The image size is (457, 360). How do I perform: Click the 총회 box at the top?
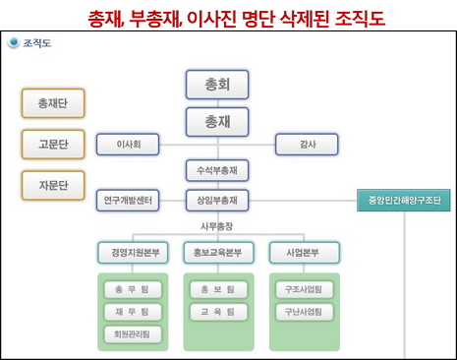point(217,85)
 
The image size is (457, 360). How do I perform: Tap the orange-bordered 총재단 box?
point(53,102)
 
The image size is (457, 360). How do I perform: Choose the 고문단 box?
point(53,143)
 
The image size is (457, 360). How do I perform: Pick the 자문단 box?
point(53,183)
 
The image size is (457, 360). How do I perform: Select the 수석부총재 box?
point(217,170)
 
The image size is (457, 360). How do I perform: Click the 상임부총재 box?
point(217,200)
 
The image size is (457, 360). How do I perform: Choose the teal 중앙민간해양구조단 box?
point(403,201)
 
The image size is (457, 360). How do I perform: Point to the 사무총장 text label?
point(217,226)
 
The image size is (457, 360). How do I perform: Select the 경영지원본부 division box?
point(132,252)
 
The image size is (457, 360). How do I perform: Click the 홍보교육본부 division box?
point(218,252)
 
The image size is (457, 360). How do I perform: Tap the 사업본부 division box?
point(304,252)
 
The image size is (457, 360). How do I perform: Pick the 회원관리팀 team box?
point(132,334)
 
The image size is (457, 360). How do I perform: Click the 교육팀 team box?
point(217,312)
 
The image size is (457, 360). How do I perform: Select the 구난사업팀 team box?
point(304,312)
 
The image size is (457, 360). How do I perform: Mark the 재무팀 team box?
point(132,312)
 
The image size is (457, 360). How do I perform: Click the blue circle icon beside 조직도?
point(13,43)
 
